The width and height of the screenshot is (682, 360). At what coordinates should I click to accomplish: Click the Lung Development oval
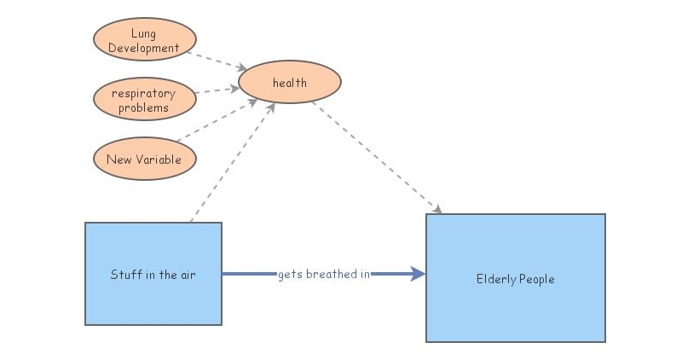coord(144,41)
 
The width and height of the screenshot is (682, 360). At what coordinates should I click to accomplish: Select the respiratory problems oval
coord(144,100)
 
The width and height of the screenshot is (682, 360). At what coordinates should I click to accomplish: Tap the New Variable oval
coord(144,159)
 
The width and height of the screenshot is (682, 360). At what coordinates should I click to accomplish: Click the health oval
coord(290,83)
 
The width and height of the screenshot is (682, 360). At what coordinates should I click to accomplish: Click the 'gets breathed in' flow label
coord(323,274)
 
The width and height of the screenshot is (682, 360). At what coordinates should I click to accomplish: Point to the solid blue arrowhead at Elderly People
coord(418,274)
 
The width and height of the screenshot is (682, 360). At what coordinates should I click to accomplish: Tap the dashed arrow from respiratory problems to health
coord(217,90)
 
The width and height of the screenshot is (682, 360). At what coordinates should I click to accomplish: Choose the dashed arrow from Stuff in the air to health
coord(230,162)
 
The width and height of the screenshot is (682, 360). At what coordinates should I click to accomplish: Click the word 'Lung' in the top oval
coord(143,35)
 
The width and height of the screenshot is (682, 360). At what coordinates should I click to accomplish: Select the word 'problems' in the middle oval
coord(143,107)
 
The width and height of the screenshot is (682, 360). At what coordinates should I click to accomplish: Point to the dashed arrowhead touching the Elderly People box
coord(437,210)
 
